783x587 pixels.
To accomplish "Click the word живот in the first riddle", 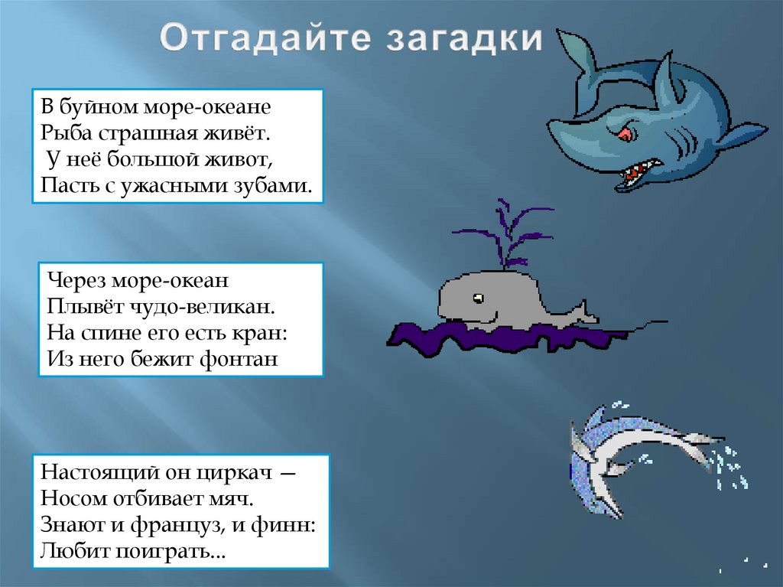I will pos(238,160).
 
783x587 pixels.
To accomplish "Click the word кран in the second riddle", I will pos(268,333).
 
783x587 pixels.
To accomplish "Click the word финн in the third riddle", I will pos(287,525).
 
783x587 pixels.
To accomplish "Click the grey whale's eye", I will pos(478,297).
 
